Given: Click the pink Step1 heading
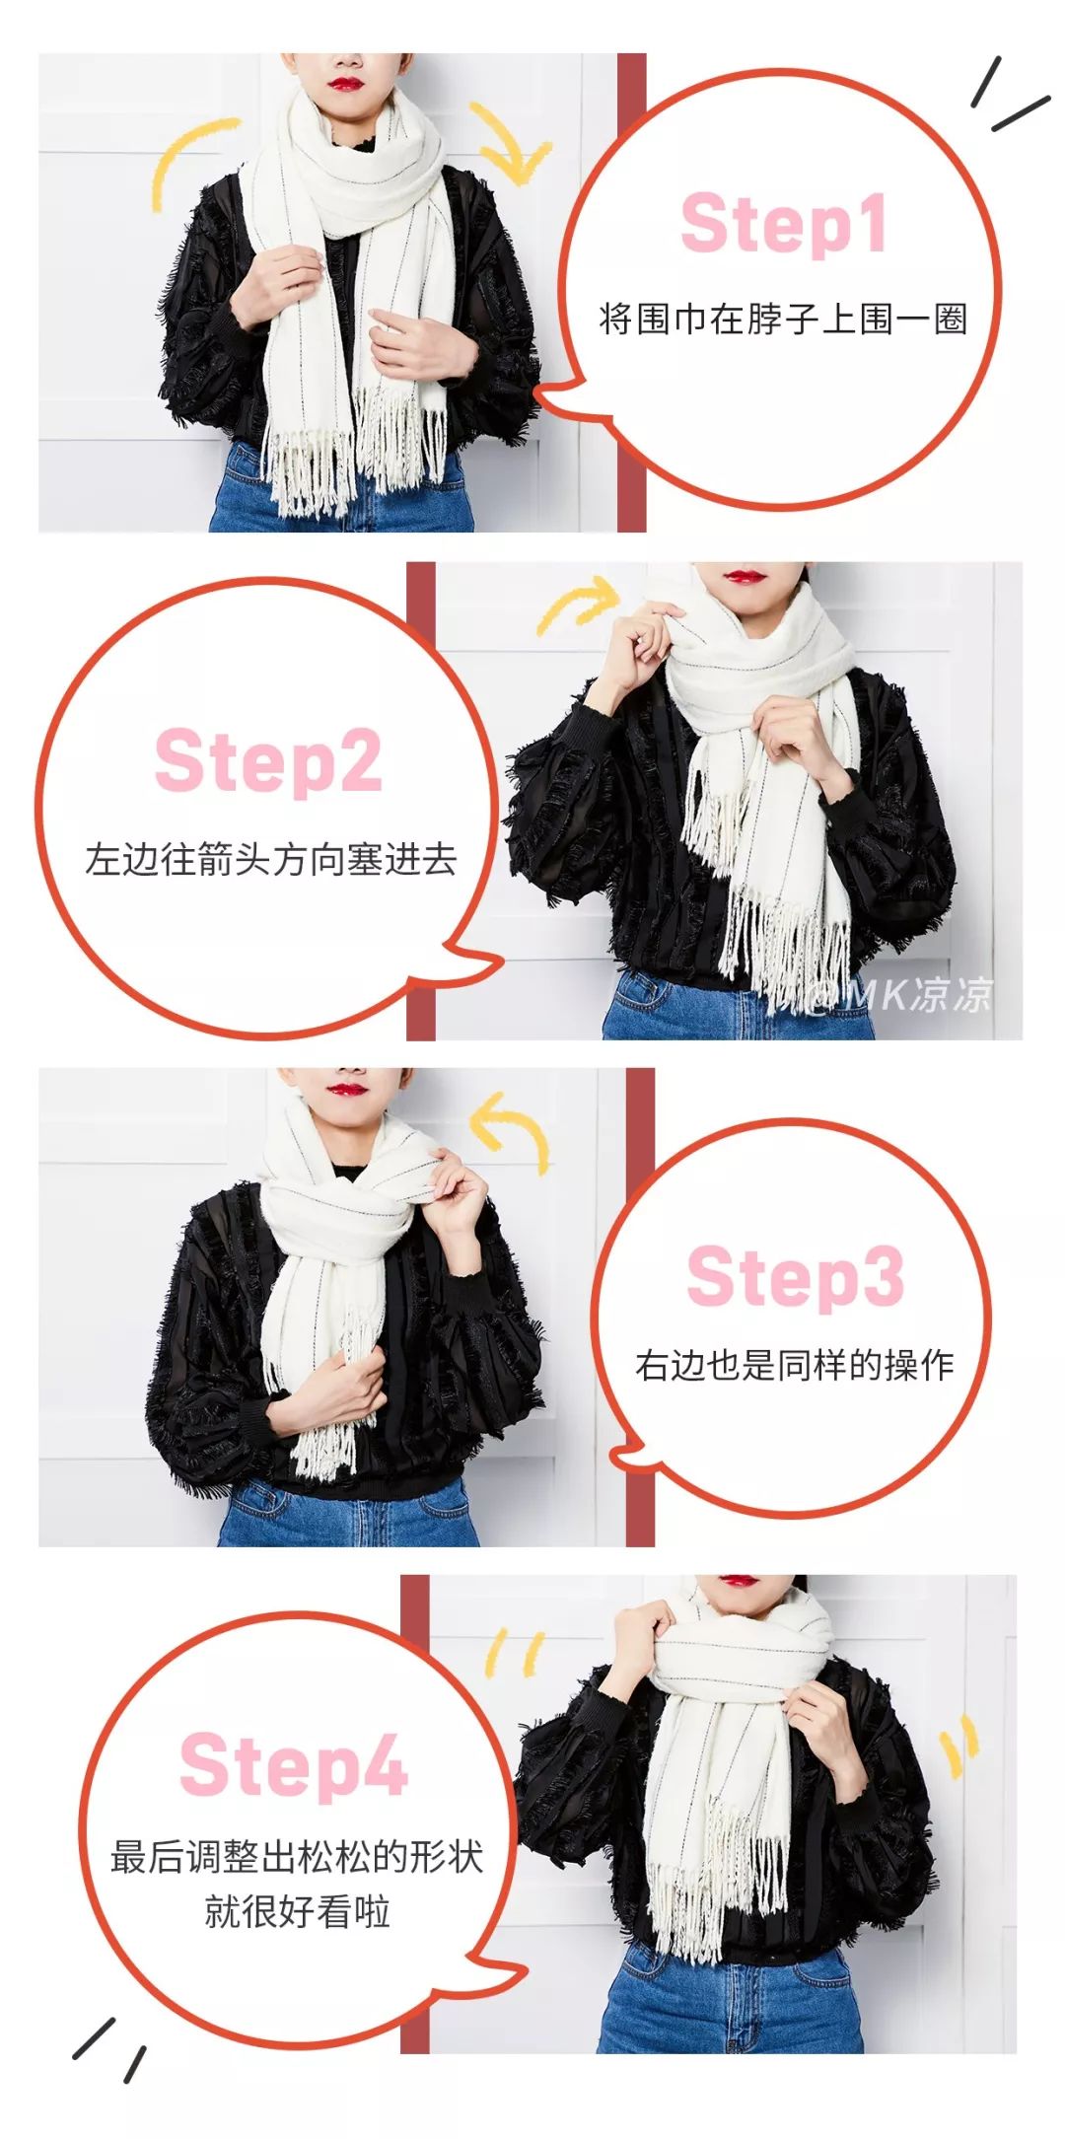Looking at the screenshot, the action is [784, 225].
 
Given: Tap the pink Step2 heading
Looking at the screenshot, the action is [268, 761].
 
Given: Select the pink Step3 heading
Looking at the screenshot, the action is [795, 1277].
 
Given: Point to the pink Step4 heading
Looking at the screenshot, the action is [293, 1765].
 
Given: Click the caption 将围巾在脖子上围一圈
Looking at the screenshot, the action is [784, 319].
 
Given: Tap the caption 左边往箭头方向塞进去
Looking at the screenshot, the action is [271, 859].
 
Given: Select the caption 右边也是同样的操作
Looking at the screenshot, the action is [795, 1365].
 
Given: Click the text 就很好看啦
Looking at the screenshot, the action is [297, 1911].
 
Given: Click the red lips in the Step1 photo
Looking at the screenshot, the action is [345, 83].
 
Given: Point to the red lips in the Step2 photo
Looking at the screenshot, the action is [743, 576].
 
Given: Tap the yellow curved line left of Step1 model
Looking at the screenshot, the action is [187, 158].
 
